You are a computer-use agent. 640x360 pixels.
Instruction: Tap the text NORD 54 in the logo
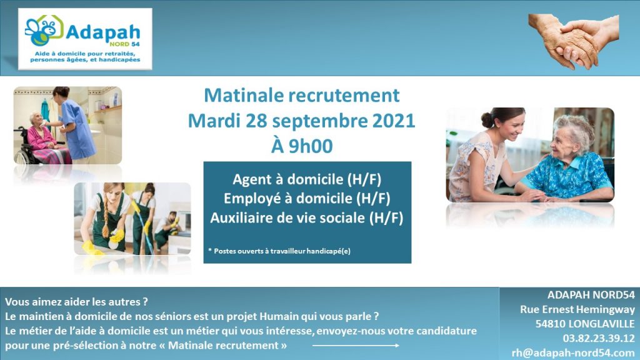(124, 44)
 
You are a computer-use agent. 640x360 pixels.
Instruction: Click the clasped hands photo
(574, 41)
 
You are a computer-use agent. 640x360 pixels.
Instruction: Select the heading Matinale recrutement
(302, 95)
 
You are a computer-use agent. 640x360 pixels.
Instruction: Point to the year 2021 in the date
(394, 121)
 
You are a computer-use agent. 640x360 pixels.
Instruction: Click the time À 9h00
(302, 146)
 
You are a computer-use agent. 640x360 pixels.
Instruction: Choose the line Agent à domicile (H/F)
(307, 179)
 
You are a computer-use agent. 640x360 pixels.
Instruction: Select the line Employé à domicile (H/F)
(307, 198)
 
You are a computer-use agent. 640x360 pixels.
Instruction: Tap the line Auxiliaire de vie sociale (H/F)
(307, 217)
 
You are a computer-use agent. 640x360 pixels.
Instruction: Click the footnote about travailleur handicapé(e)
(279, 251)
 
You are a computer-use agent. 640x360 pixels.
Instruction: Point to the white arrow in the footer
(356, 346)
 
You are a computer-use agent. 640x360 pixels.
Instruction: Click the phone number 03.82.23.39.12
(599, 338)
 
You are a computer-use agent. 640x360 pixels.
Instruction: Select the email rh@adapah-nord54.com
(573, 352)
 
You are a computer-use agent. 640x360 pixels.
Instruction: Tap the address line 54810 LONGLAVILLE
(585, 324)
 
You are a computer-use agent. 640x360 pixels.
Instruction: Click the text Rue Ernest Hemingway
(577, 309)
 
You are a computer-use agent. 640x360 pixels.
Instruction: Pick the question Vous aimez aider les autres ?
(76, 302)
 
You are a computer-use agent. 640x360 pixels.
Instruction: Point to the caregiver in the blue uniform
(75, 122)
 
